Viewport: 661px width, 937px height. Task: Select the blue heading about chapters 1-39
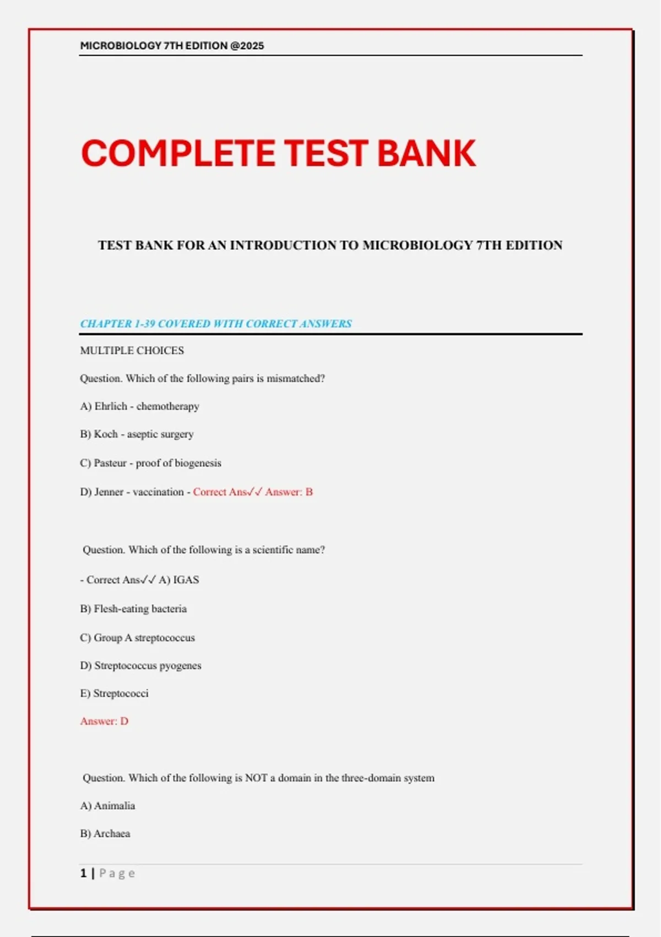[x=216, y=324]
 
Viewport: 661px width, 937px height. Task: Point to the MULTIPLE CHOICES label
[x=132, y=351]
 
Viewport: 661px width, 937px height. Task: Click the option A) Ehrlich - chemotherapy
[x=139, y=406]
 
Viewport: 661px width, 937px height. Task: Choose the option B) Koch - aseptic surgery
[x=137, y=434]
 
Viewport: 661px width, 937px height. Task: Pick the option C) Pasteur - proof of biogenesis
[x=150, y=463]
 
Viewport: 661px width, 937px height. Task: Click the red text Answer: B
[x=289, y=492]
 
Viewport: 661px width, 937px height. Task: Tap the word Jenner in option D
[x=109, y=492]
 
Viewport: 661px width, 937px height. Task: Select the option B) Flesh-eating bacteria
[x=133, y=608]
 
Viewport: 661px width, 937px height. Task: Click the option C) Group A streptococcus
[x=137, y=638]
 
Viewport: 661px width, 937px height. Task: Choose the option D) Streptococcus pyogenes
[x=140, y=665]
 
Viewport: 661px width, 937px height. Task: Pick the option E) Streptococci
[x=114, y=693]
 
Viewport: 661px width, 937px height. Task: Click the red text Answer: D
[x=104, y=721]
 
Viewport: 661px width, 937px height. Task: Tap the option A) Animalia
[x=107, y=806]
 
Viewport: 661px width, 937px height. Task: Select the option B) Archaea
[x=105, y=833]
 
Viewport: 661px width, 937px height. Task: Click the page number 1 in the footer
[x=83, y=873]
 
